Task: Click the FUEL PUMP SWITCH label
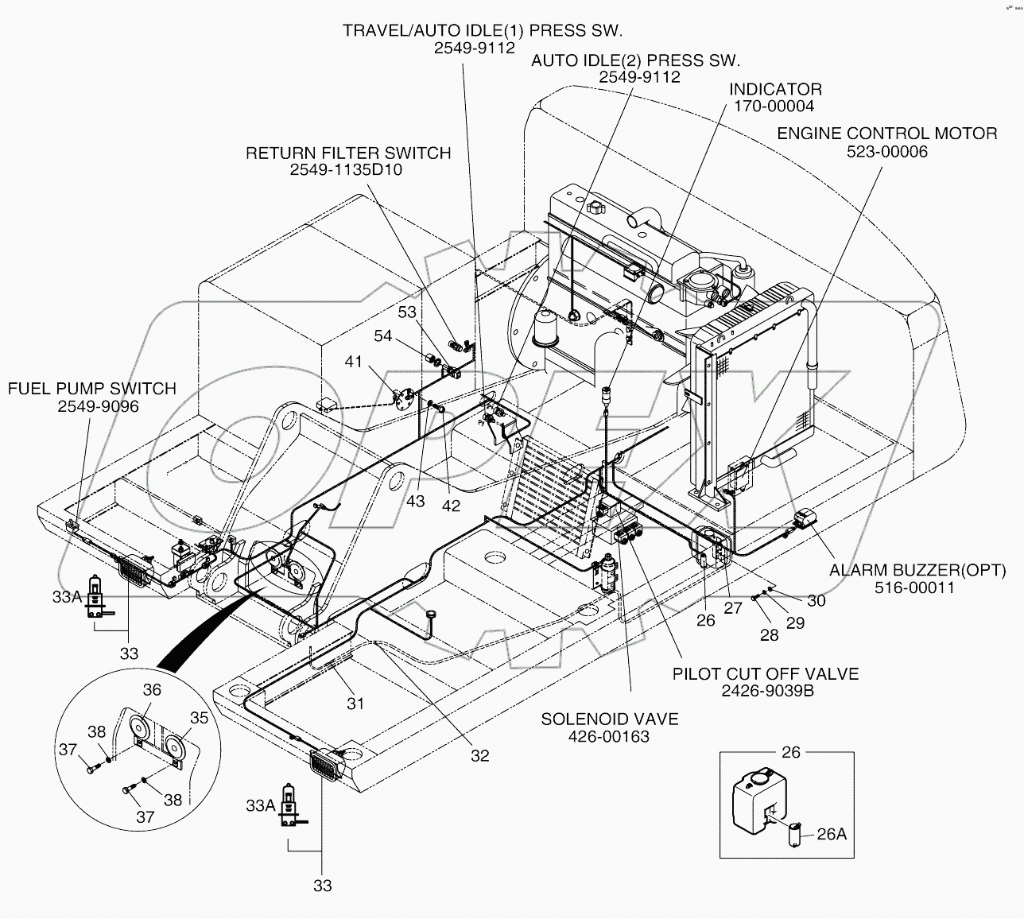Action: (91, 389)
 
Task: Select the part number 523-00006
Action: (886, 151)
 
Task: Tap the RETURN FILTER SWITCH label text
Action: (347, 153)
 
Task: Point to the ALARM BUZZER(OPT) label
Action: (917, 570)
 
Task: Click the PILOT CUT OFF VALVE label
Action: (766, 673)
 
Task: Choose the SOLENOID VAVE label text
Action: (609, 719)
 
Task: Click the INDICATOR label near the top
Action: (775, 89)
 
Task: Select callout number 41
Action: (353, 362)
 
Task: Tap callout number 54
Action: (382, 336)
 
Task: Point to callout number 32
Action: (479, 755)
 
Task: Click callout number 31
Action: (355, 703)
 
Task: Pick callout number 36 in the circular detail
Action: (151, 690)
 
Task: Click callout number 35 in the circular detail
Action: (199, 717)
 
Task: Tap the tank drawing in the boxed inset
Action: (758, 797)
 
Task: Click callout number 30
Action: (816, 600)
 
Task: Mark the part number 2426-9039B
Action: (767, 691)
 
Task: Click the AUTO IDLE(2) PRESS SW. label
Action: (635, 60)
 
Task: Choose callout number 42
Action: (450, 506)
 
